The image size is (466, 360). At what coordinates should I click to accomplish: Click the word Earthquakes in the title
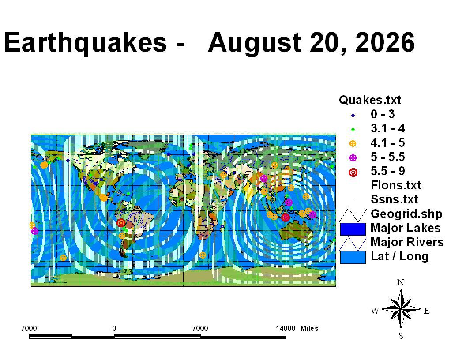pos(86,42)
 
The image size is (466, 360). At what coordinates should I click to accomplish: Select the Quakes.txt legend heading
pos(370,100)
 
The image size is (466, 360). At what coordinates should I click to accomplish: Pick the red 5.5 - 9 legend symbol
pos(353,172)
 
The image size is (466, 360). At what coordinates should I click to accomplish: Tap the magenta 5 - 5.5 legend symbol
pos(353,158)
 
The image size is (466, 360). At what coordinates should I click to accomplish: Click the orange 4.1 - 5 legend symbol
pos(353,144)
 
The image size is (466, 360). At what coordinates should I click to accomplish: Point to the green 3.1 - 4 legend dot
pos(353,130)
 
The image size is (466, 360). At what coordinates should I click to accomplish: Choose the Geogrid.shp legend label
pos(406,214)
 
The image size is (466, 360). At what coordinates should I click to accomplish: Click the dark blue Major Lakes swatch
pos(353,229)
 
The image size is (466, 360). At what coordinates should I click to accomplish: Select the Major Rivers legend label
pos(407,242)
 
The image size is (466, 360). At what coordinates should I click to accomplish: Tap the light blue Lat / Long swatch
pos(353,257)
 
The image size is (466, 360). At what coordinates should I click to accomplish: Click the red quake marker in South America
pos(120,222)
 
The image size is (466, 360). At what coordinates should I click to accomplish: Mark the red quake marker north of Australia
pos(286,217)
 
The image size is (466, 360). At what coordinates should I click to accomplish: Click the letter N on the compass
pos(401,282)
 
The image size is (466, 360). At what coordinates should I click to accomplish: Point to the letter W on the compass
pos(375,311)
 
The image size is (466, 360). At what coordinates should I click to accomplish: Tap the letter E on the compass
pos(427,311)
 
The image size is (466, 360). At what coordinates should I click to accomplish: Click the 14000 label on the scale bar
pos(286,328)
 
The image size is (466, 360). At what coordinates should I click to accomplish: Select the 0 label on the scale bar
pos(114,328)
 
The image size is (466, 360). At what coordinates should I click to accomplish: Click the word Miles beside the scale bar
pos(309,328)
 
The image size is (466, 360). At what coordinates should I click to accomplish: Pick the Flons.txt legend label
pos(396,185)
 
